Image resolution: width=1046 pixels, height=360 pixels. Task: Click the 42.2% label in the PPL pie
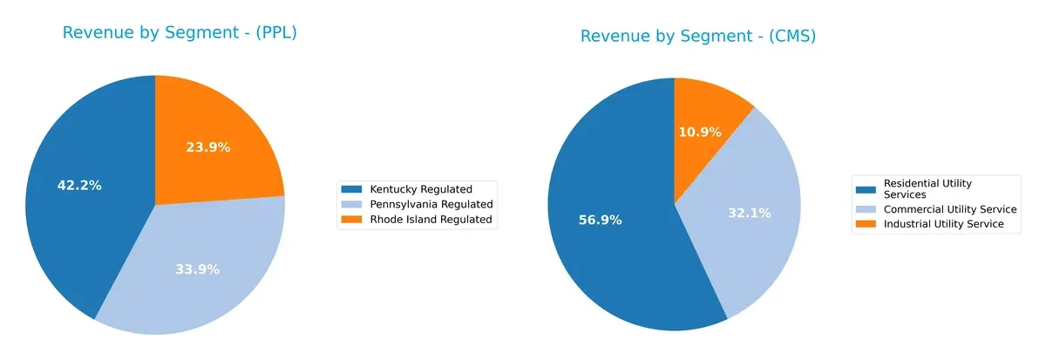[x=79, y=185]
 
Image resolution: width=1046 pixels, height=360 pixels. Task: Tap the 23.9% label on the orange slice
[x=208, y=147]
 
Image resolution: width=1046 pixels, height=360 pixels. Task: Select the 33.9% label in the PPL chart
[x=197, y=269]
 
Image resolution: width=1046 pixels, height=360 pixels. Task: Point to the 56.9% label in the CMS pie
[x=600, y=220]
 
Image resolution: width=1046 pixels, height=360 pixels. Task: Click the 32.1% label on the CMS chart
[x=750, y=212]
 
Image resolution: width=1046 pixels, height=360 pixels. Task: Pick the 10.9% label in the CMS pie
[x=700, y=132]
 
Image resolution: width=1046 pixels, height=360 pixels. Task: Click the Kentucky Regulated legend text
[x=421, y=188]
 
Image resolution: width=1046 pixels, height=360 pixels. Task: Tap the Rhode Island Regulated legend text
[x=431, y=220]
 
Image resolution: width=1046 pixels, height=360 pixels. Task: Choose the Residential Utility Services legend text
[x=927, y=188]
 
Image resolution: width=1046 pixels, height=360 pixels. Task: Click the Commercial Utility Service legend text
[x=950, y=209]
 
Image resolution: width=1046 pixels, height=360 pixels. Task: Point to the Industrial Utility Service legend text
[x=944, y=224]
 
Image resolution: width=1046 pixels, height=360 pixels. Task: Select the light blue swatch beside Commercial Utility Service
[x=866, y=209]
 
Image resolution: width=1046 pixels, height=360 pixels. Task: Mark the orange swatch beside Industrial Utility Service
[x=866, y=224]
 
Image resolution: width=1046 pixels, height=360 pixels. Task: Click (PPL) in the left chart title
[x=273, y=33]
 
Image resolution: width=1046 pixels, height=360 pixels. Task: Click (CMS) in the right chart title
[x=790, y=36]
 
